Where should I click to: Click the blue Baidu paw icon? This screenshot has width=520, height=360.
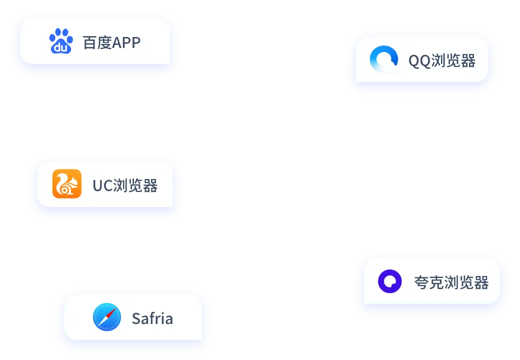coord(61,41)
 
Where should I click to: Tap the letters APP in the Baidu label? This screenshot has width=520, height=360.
coord(126,42)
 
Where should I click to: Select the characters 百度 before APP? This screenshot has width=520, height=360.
coord(97,42)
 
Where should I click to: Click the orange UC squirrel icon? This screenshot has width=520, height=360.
coord(67,184)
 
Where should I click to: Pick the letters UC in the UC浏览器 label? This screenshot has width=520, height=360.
coord(102,186)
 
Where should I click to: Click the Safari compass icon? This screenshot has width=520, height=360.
coord(107,317)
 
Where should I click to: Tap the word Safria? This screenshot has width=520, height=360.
coord(152,318)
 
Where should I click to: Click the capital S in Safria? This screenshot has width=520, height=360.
coord(136,318)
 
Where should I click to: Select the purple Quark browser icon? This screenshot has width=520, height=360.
coord(390,281)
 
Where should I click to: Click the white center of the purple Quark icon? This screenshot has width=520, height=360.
coord(390,281)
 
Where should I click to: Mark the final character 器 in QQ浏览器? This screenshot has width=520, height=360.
coord(467,61)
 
